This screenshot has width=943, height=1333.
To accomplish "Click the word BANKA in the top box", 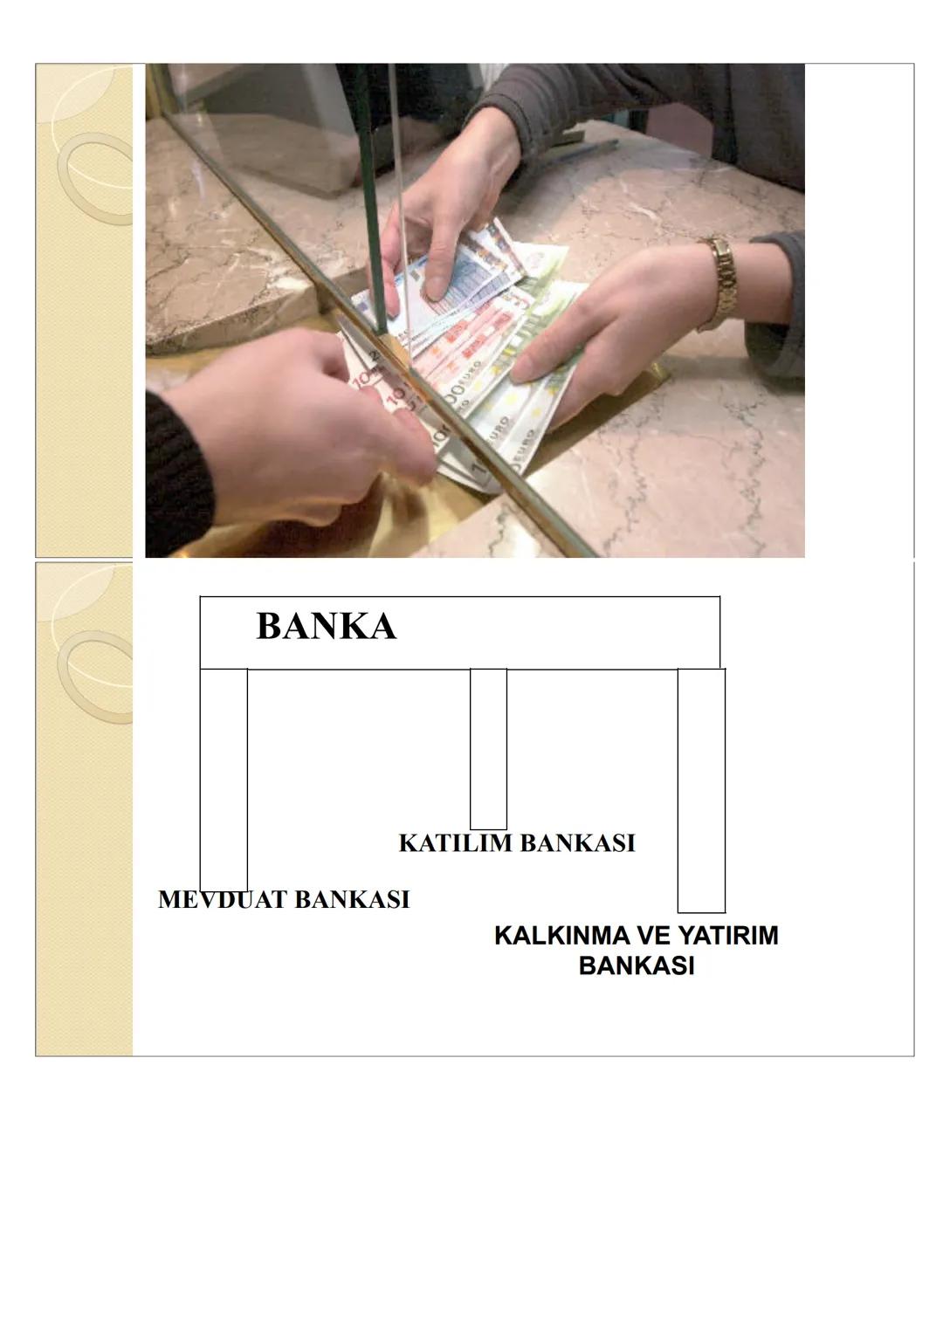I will [x=326, y=627].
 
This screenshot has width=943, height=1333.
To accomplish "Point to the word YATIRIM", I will [x=728, y=936].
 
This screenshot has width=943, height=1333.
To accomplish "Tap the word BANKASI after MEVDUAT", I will [x=351, y=900].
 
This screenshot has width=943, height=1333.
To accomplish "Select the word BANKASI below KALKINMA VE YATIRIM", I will [x=636, y=966].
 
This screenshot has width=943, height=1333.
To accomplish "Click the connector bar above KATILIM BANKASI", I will [x=488, y=748].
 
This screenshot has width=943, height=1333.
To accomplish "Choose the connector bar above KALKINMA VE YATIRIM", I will [x=701, y=790].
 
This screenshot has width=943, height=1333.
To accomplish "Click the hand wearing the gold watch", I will [x=611, y=323].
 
